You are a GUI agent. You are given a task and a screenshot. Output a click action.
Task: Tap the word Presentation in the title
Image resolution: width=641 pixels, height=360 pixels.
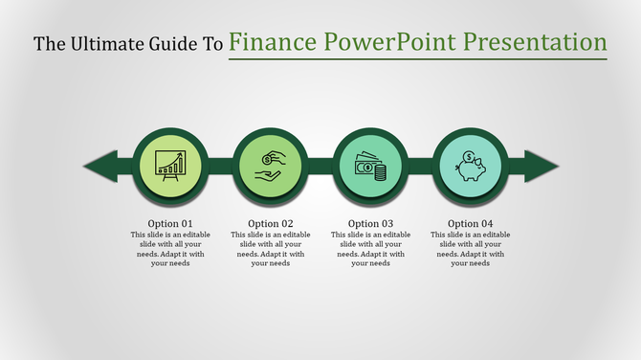pyautogui.click(x=535, y=42)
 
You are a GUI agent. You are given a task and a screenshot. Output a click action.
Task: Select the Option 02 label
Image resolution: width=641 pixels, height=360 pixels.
pyautogui.click(x=270, y=224)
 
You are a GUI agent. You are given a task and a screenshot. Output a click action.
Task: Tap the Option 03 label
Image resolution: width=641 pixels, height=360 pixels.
pyautogui.click(x=370, y=224)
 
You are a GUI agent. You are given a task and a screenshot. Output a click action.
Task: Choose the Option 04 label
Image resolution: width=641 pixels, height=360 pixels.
pyautogui.click(x=468, y=224)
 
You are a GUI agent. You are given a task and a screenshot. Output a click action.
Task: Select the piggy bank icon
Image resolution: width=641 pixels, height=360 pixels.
pyautogui.click(x=469, y=166)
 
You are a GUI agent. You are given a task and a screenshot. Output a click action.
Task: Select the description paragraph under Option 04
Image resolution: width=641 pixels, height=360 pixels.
pyautogui.click(x=468, y=249)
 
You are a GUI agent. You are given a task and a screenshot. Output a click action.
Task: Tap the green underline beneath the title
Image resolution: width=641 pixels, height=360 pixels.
pyautogui.click(x=418, y=59)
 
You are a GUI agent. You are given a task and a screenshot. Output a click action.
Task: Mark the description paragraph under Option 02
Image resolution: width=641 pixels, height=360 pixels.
pyautogui.click(x=270, y=249)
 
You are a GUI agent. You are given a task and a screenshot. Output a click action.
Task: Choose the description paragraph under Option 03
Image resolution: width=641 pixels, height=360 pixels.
pyautogui.click(x=370, y=249)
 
